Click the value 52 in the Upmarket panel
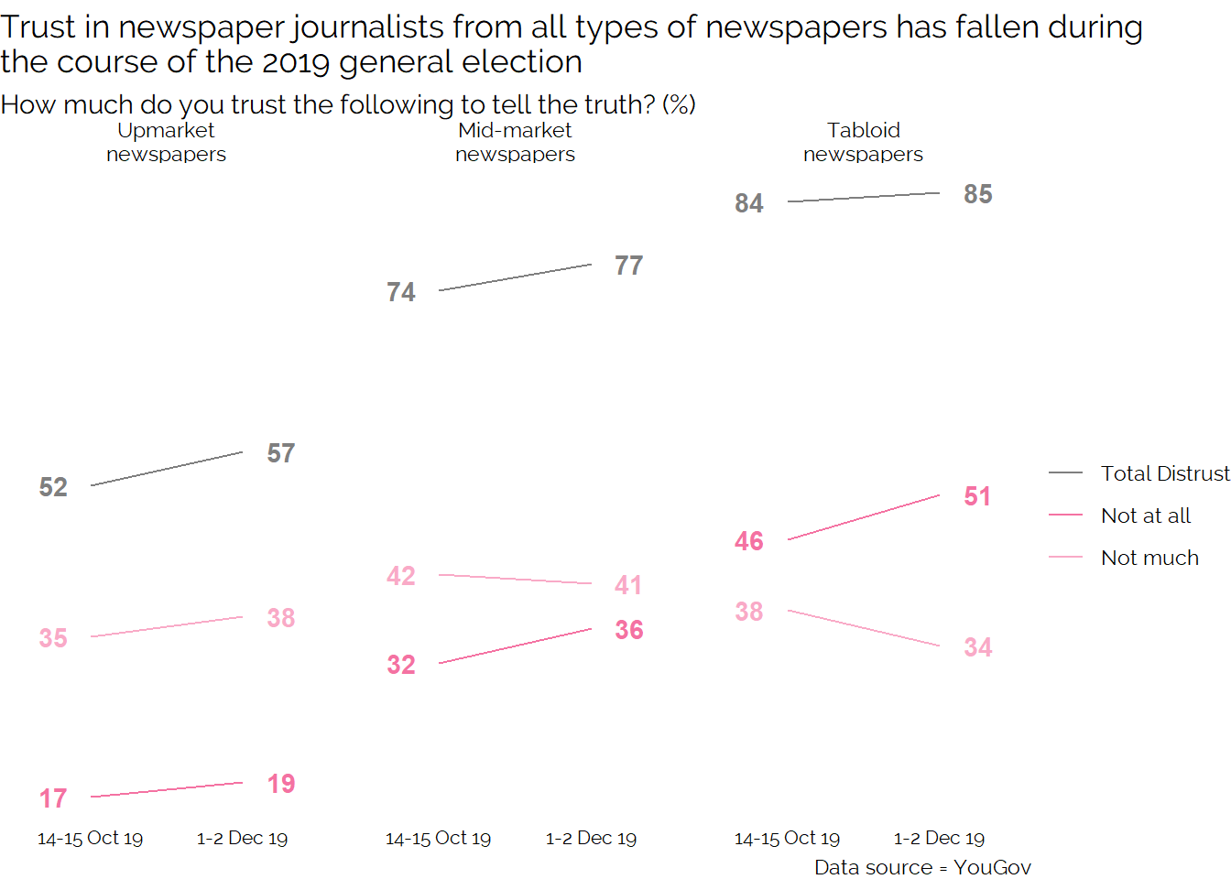tap(53, 487)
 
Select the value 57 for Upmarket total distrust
tap(281, 453)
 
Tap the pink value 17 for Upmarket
tap(53, 798)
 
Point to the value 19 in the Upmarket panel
tap(281, 784)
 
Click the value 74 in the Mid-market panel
tap(401, 292)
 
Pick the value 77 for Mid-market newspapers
tap(629, 266)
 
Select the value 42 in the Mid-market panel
tap(401, 576)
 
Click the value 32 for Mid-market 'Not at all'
tap(401, 665)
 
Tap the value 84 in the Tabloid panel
tap(749, 203)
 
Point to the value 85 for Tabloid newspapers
tap(978, 194)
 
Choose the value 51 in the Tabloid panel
tap(977, 496)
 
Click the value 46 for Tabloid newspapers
tap(749, 541)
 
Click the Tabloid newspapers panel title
tap(863, 142)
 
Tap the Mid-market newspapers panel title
tap(515, 142)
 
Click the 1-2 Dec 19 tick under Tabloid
tap(939, 838)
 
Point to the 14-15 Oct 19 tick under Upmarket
tap(90, 838)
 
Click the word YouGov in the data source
tap(992, 867)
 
